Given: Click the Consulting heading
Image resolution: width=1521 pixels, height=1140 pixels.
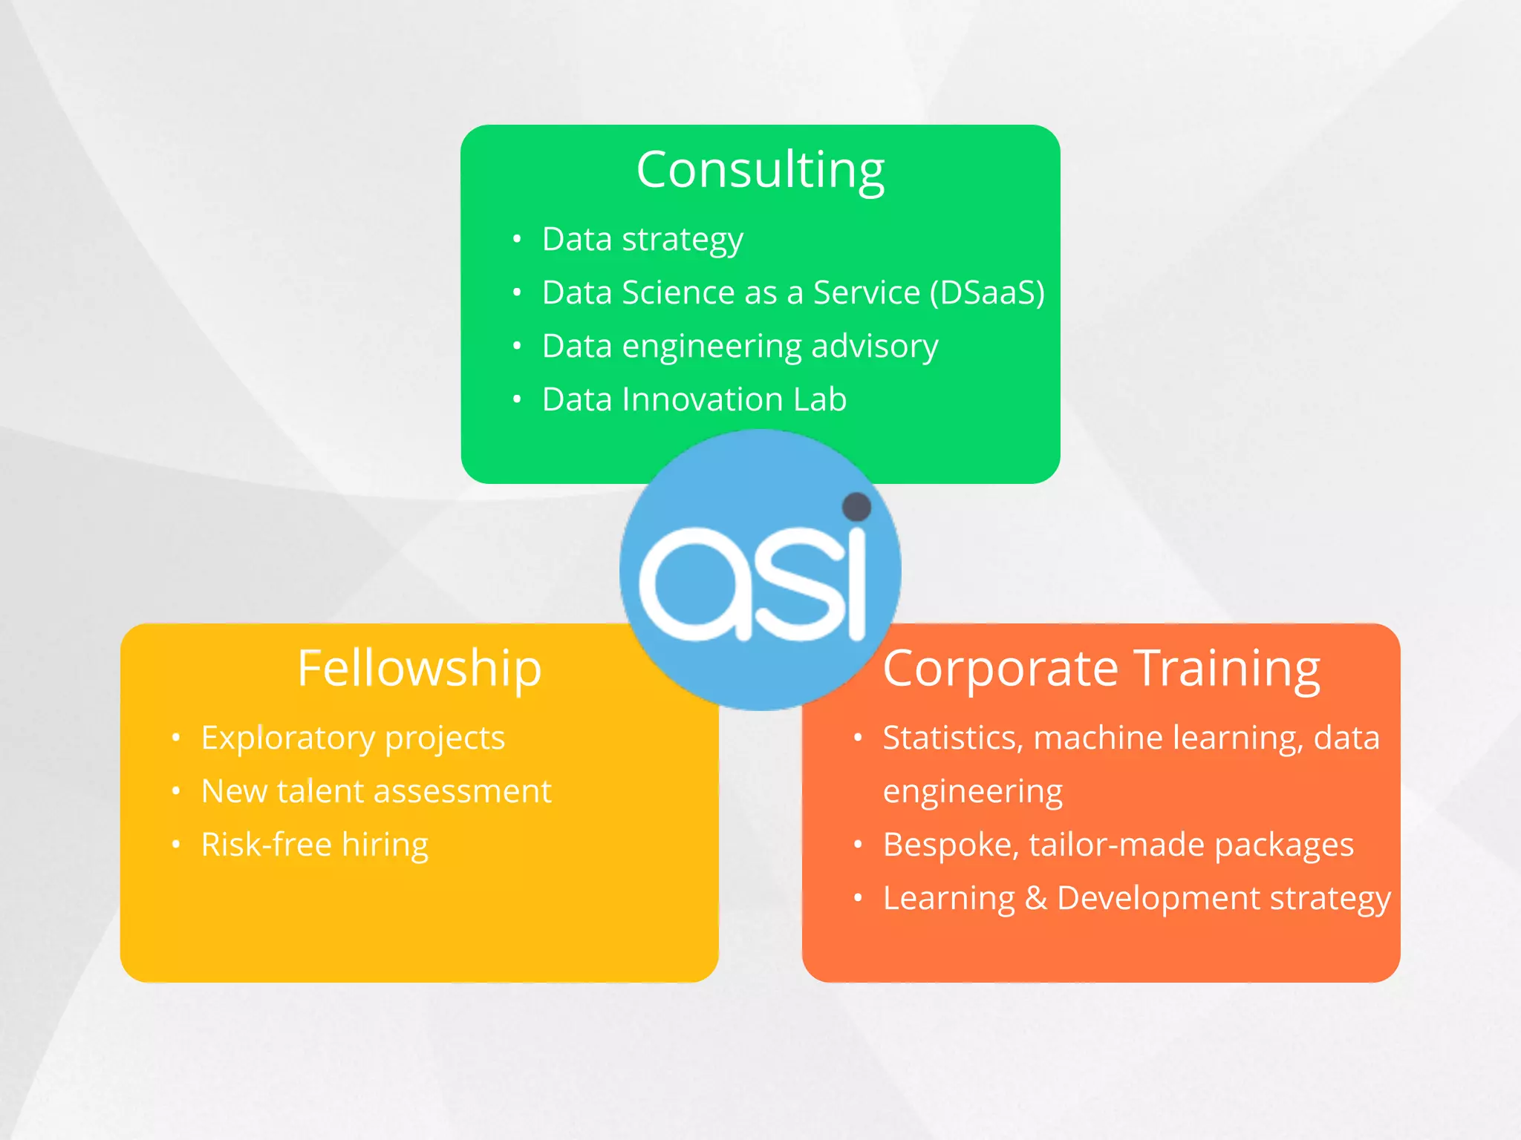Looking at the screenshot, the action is [x=760, y=170].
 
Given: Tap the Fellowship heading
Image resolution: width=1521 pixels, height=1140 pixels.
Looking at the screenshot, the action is [x=419, y=668].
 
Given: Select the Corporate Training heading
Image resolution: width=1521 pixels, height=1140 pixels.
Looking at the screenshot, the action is [x=1101, y=668].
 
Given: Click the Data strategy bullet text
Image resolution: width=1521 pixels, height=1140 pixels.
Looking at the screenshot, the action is [x=642, y=240].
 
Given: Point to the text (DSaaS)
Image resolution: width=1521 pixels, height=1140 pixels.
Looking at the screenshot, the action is [x=987, y=292].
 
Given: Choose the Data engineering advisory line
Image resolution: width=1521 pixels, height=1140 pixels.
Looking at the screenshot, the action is [x=740, y=347].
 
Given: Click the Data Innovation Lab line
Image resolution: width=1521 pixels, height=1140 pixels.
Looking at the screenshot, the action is [x=694, y=399].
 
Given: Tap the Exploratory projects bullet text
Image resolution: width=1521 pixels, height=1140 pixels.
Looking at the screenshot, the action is [x=353, y=738].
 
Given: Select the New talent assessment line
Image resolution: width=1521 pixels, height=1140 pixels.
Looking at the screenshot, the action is [x=377, y=791].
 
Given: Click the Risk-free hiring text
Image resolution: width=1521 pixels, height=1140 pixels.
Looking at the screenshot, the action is [x=315, y=845].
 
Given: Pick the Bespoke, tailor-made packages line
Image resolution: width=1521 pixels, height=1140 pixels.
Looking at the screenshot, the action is [x=1118, y=845].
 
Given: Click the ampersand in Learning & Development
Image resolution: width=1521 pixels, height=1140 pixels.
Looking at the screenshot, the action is [x=1035, y=898].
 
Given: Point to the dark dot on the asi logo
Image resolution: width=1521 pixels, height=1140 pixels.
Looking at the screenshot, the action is [x=856, y=508].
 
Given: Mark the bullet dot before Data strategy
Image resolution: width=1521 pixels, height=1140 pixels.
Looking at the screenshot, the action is [x=517, y=239].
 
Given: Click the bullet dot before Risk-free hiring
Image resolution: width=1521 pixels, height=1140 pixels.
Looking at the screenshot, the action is [x=176, y=844].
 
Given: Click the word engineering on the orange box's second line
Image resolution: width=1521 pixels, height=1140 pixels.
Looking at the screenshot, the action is [x=972, y=792].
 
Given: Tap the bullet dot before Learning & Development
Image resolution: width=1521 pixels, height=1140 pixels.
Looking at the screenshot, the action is [x=858, y=898].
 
